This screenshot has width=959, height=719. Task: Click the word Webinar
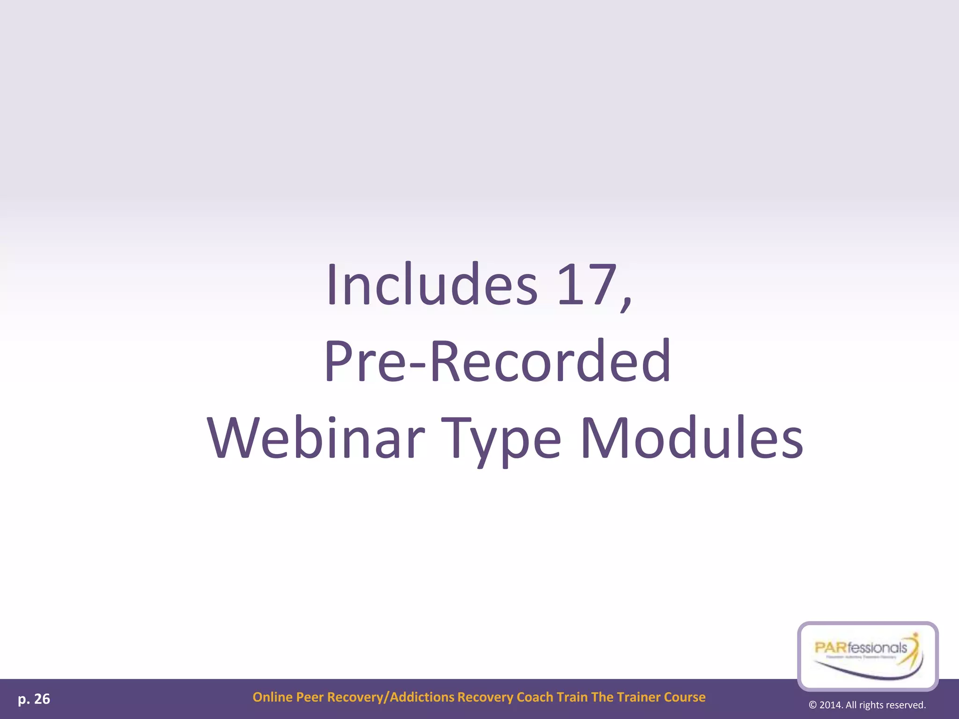pos(317,438)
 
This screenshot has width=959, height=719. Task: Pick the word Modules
pos(692,438)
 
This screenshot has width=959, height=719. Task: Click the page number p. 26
pos(34,699)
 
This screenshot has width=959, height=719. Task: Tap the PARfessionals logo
pos(868,655)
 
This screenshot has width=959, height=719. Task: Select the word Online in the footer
pos(273,697)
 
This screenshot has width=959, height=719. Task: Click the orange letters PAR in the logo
pos(831,648)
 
